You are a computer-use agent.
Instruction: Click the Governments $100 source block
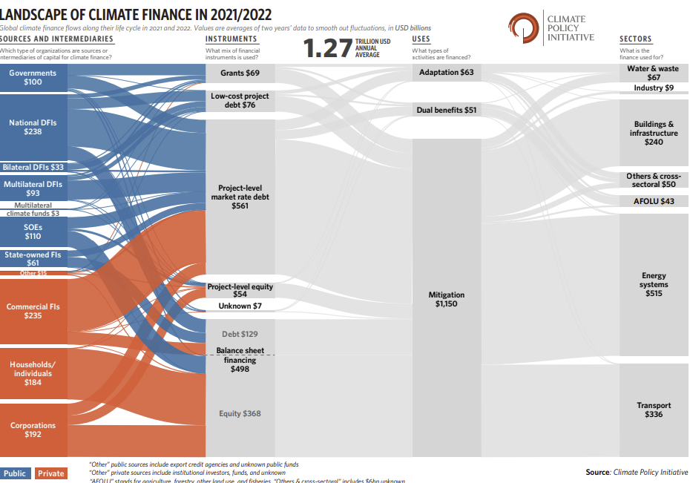33,78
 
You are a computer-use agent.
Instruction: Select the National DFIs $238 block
33,127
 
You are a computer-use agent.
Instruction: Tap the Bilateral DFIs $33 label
33,167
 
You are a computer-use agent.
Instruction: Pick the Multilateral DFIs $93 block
33,188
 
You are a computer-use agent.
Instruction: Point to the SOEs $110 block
33,231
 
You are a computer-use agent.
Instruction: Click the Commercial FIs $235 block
33,311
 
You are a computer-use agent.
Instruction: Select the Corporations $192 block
33,430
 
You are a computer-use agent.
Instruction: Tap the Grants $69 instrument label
240,73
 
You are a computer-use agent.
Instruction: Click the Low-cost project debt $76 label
240,101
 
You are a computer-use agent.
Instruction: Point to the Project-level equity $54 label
240,290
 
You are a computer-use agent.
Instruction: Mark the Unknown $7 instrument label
240,306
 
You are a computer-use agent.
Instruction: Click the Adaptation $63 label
446,72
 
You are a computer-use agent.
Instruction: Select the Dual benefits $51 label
446,110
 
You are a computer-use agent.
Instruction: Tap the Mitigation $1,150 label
446,300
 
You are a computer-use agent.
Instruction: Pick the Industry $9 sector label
654,88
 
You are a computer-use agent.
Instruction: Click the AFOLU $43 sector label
654,201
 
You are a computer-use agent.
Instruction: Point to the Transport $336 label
654,410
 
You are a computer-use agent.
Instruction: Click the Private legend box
51,473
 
